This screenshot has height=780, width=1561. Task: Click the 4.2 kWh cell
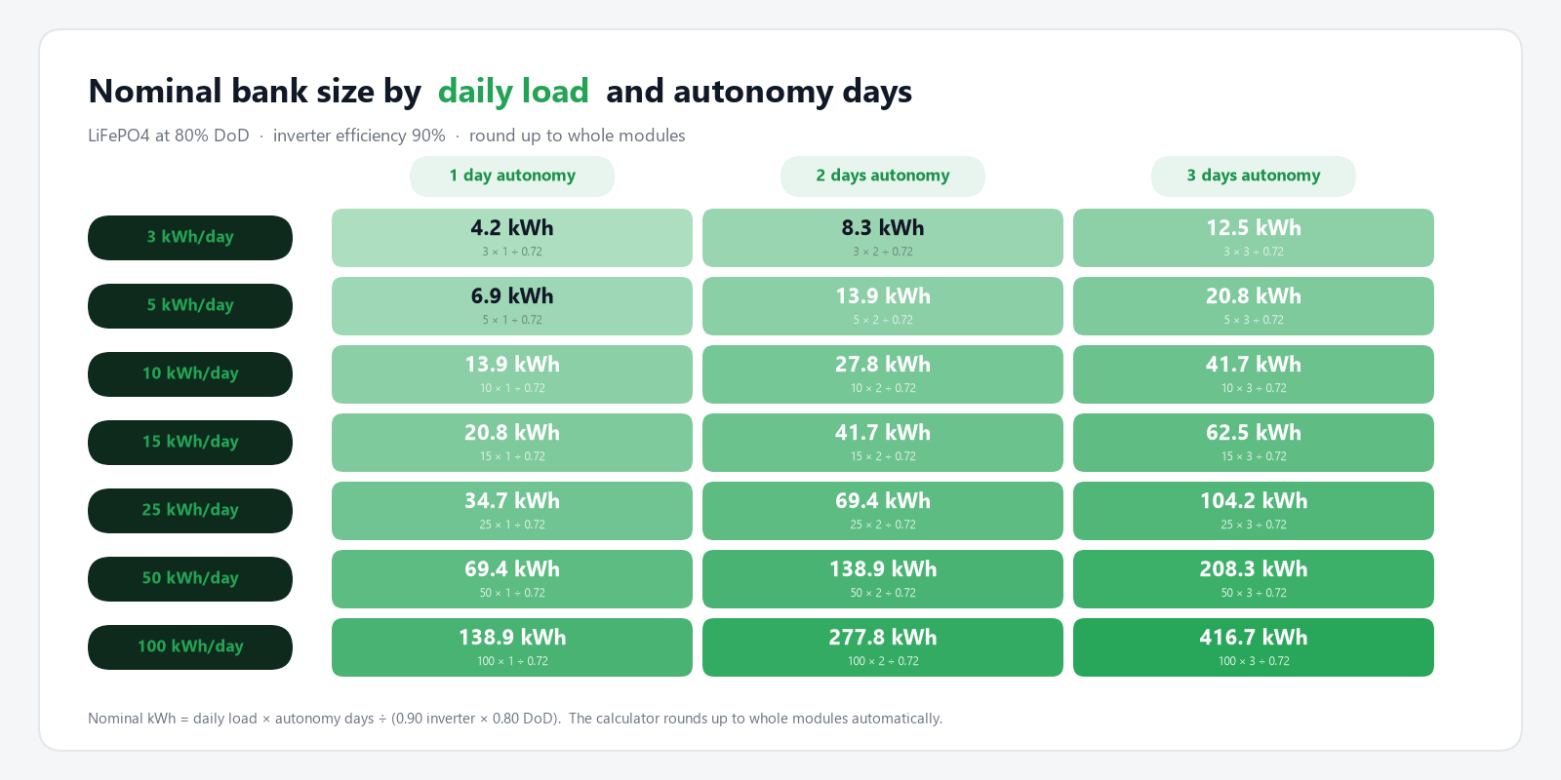point(512,238)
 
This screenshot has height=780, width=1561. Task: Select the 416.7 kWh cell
point(1254,647)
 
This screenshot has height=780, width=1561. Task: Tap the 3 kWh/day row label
point(190,238)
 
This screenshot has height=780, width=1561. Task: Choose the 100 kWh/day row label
point(190,647)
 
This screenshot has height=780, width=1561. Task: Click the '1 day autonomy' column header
point(512,175)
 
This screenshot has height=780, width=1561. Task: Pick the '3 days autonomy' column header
point(1254,175)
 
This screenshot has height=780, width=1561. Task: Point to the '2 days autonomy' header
point(883,175)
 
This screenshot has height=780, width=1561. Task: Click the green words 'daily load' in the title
point(513,92)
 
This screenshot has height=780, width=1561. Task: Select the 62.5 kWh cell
point(1254,443)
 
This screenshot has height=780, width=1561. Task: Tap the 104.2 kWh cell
point(1254,511)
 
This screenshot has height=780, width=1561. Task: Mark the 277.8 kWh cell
point(883,647)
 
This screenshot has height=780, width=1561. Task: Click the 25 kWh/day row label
point(190,511)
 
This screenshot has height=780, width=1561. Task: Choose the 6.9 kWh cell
point(512,306)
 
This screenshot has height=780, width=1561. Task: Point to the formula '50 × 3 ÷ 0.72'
point(1254,593)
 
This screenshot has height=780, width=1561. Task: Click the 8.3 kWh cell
point(883,238)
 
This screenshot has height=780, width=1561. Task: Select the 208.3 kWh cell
point(1254,579)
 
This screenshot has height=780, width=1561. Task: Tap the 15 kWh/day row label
point(190,443)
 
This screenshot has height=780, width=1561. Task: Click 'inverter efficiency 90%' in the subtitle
point(359,136)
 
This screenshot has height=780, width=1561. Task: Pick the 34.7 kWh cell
point(512,511)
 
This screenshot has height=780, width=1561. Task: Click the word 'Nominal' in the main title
point(155,92)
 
